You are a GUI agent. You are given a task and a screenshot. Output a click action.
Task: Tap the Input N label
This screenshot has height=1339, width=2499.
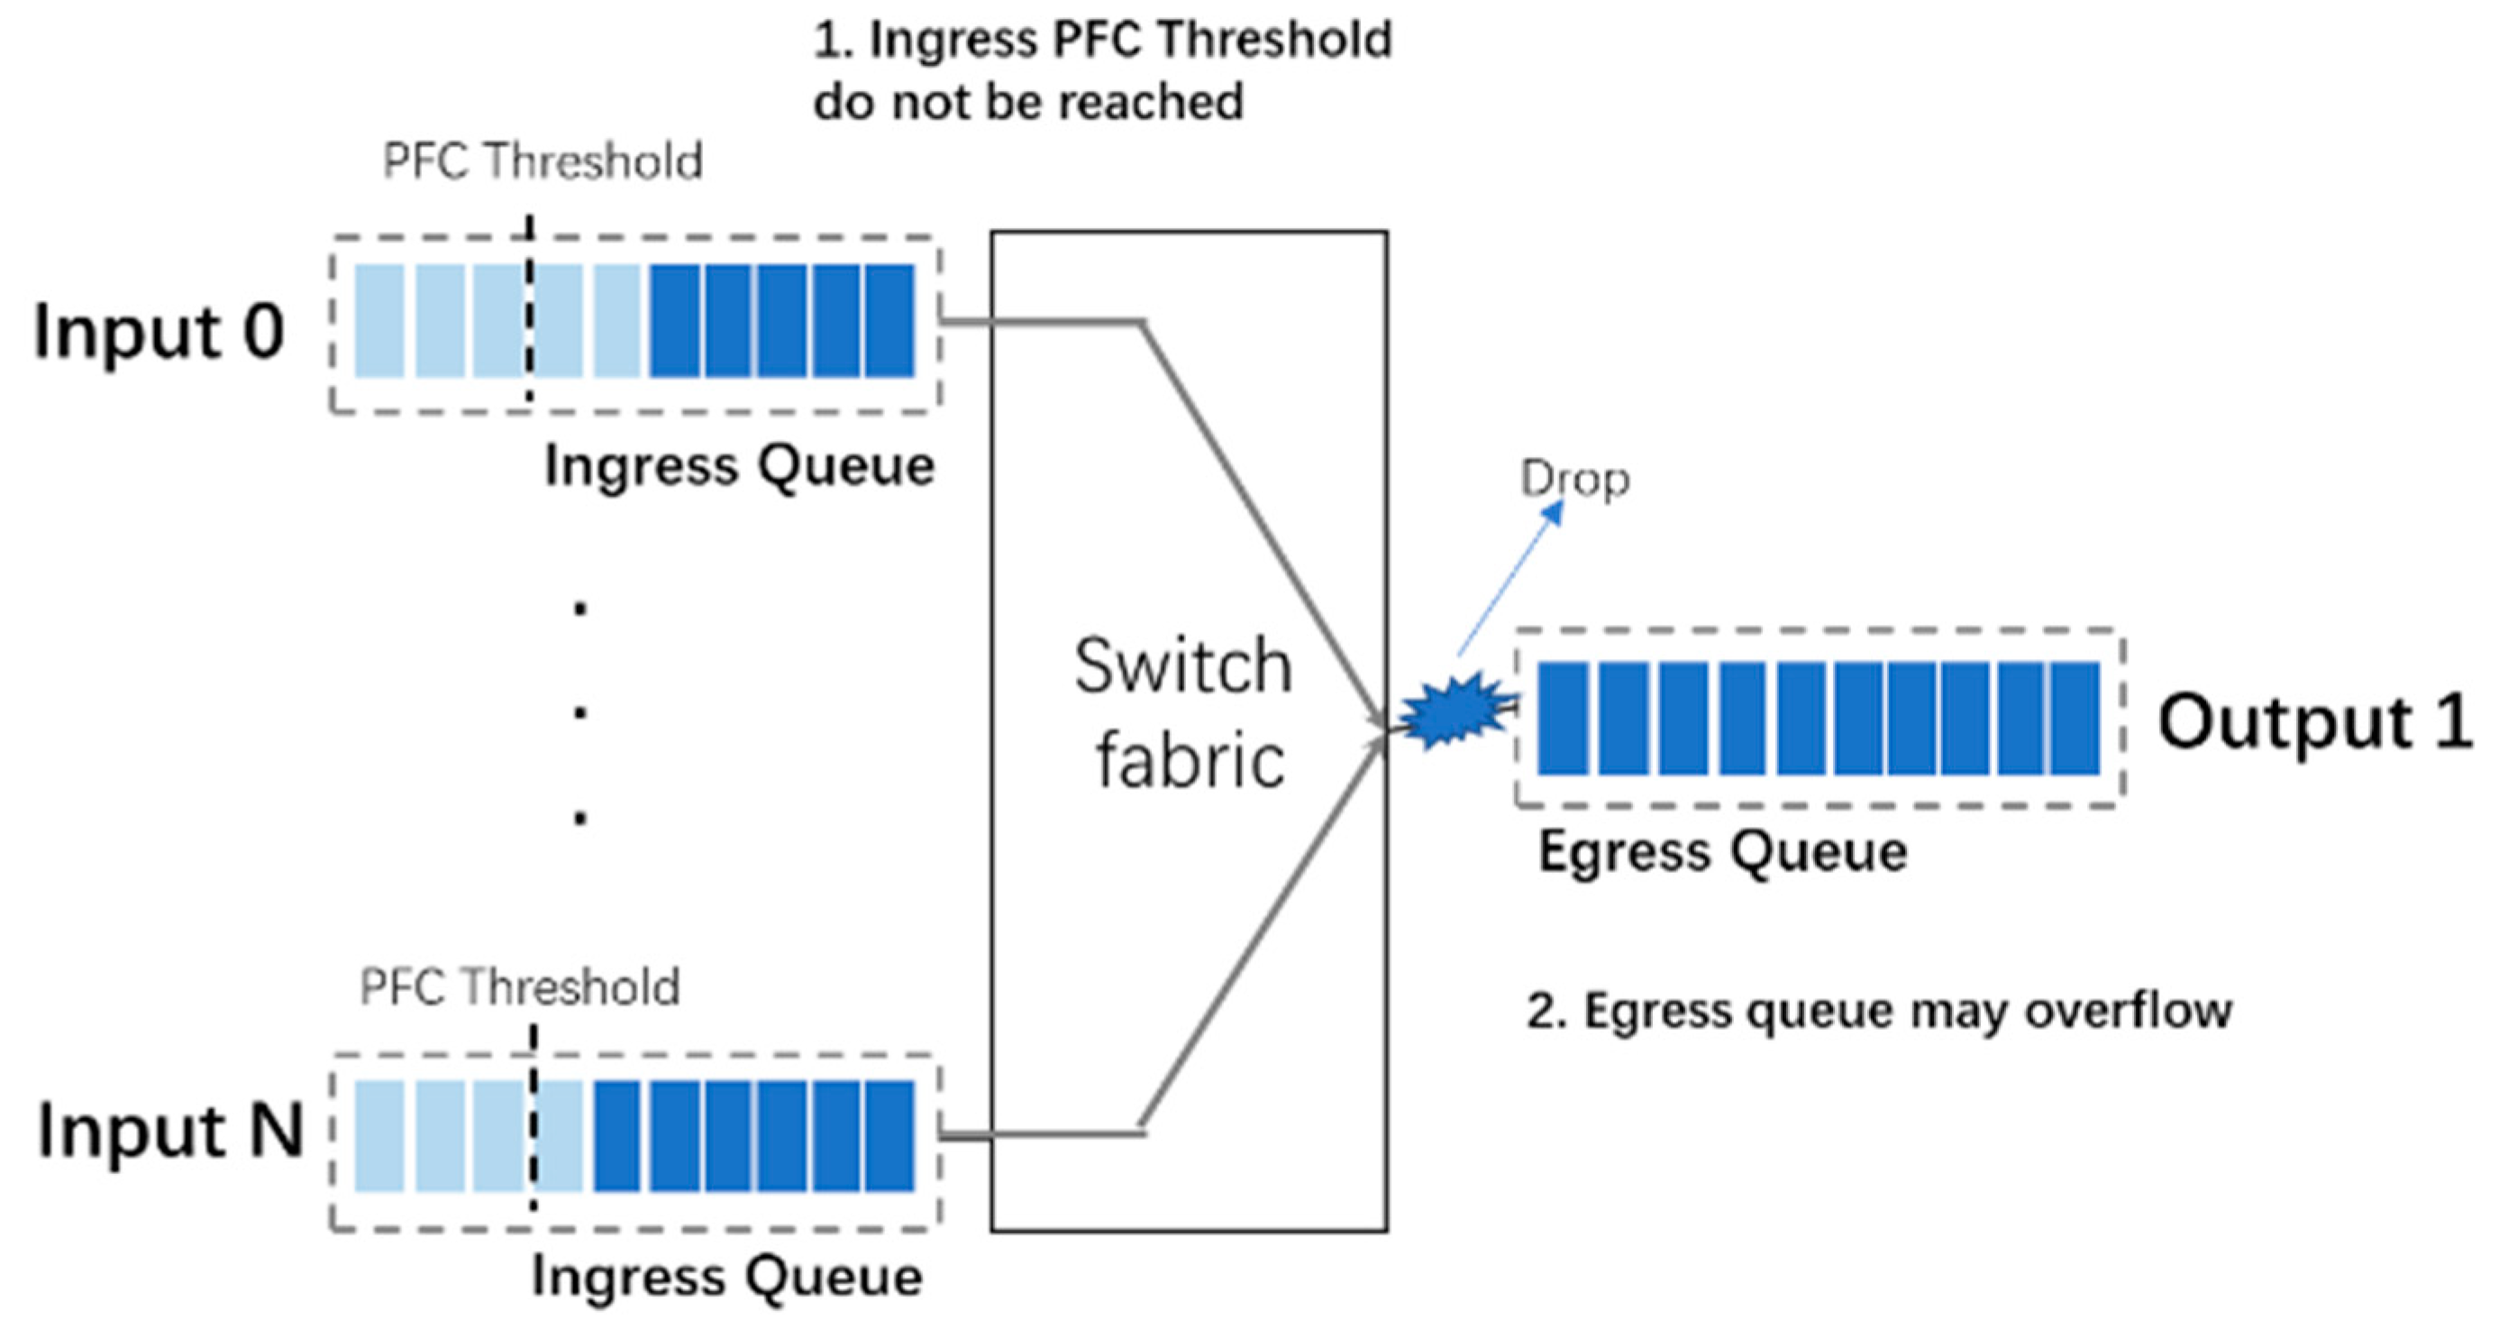[170, 1132]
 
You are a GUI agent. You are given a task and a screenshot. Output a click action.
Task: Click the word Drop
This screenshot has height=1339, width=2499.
[1573, 480]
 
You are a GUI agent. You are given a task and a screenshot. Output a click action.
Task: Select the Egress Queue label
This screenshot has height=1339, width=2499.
[1722, 852]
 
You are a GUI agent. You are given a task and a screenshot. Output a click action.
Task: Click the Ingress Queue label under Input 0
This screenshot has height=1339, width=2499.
[739, 467]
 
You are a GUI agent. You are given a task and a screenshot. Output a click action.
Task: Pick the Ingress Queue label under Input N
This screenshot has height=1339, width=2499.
[726, 1277]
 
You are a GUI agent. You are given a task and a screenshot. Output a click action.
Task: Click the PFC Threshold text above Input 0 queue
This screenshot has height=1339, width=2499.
[543, 161]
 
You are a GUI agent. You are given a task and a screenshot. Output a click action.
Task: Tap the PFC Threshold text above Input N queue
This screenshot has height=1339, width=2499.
[519, 987]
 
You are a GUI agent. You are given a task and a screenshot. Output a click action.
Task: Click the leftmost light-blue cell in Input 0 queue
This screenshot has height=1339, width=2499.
[379, 321]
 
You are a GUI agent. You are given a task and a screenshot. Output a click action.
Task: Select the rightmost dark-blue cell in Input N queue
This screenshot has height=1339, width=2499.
[889, 1136]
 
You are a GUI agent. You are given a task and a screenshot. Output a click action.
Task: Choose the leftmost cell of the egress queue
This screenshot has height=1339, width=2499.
[1562, 719]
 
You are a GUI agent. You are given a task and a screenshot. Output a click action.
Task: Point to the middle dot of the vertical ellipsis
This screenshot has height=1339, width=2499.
[580, 713]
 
